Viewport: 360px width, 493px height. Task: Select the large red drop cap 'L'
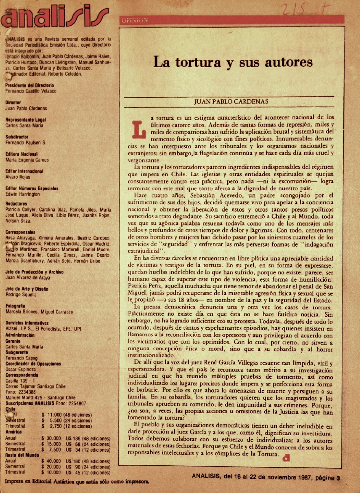139,128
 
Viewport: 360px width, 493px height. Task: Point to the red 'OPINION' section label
134,20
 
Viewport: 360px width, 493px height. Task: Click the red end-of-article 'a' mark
288,457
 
